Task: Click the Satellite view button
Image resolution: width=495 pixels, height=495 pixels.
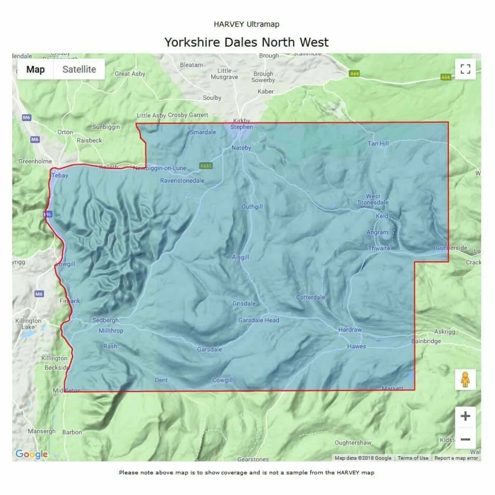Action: (79, 70)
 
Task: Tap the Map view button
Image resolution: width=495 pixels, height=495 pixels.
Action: (36, 70)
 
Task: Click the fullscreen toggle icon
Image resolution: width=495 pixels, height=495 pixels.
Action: (465, 69)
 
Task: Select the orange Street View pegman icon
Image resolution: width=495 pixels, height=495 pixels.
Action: (465, 379)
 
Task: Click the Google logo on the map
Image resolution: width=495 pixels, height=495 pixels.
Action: (31, 454)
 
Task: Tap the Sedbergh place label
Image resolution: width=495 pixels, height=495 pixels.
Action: (105, 320)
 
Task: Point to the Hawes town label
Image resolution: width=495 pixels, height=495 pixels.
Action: (356, 346)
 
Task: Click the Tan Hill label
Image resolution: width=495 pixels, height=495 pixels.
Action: (378, 143)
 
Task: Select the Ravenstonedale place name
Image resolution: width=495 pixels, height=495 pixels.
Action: (182, 181)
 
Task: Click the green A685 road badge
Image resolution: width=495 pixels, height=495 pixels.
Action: (206, 166)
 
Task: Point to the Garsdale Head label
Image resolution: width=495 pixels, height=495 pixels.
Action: (258, 320)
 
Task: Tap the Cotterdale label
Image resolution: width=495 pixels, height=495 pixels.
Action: (310, 297)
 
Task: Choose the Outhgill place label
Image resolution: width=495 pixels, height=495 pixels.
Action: (252, 207)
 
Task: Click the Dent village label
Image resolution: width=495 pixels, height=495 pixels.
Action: (161, 380)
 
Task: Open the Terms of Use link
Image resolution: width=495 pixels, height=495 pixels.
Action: (413, 458)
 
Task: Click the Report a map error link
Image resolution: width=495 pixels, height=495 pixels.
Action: (456, 458)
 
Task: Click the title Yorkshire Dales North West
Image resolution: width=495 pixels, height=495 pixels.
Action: (246, 42)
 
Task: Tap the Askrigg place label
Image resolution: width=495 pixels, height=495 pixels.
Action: (445, 332)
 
